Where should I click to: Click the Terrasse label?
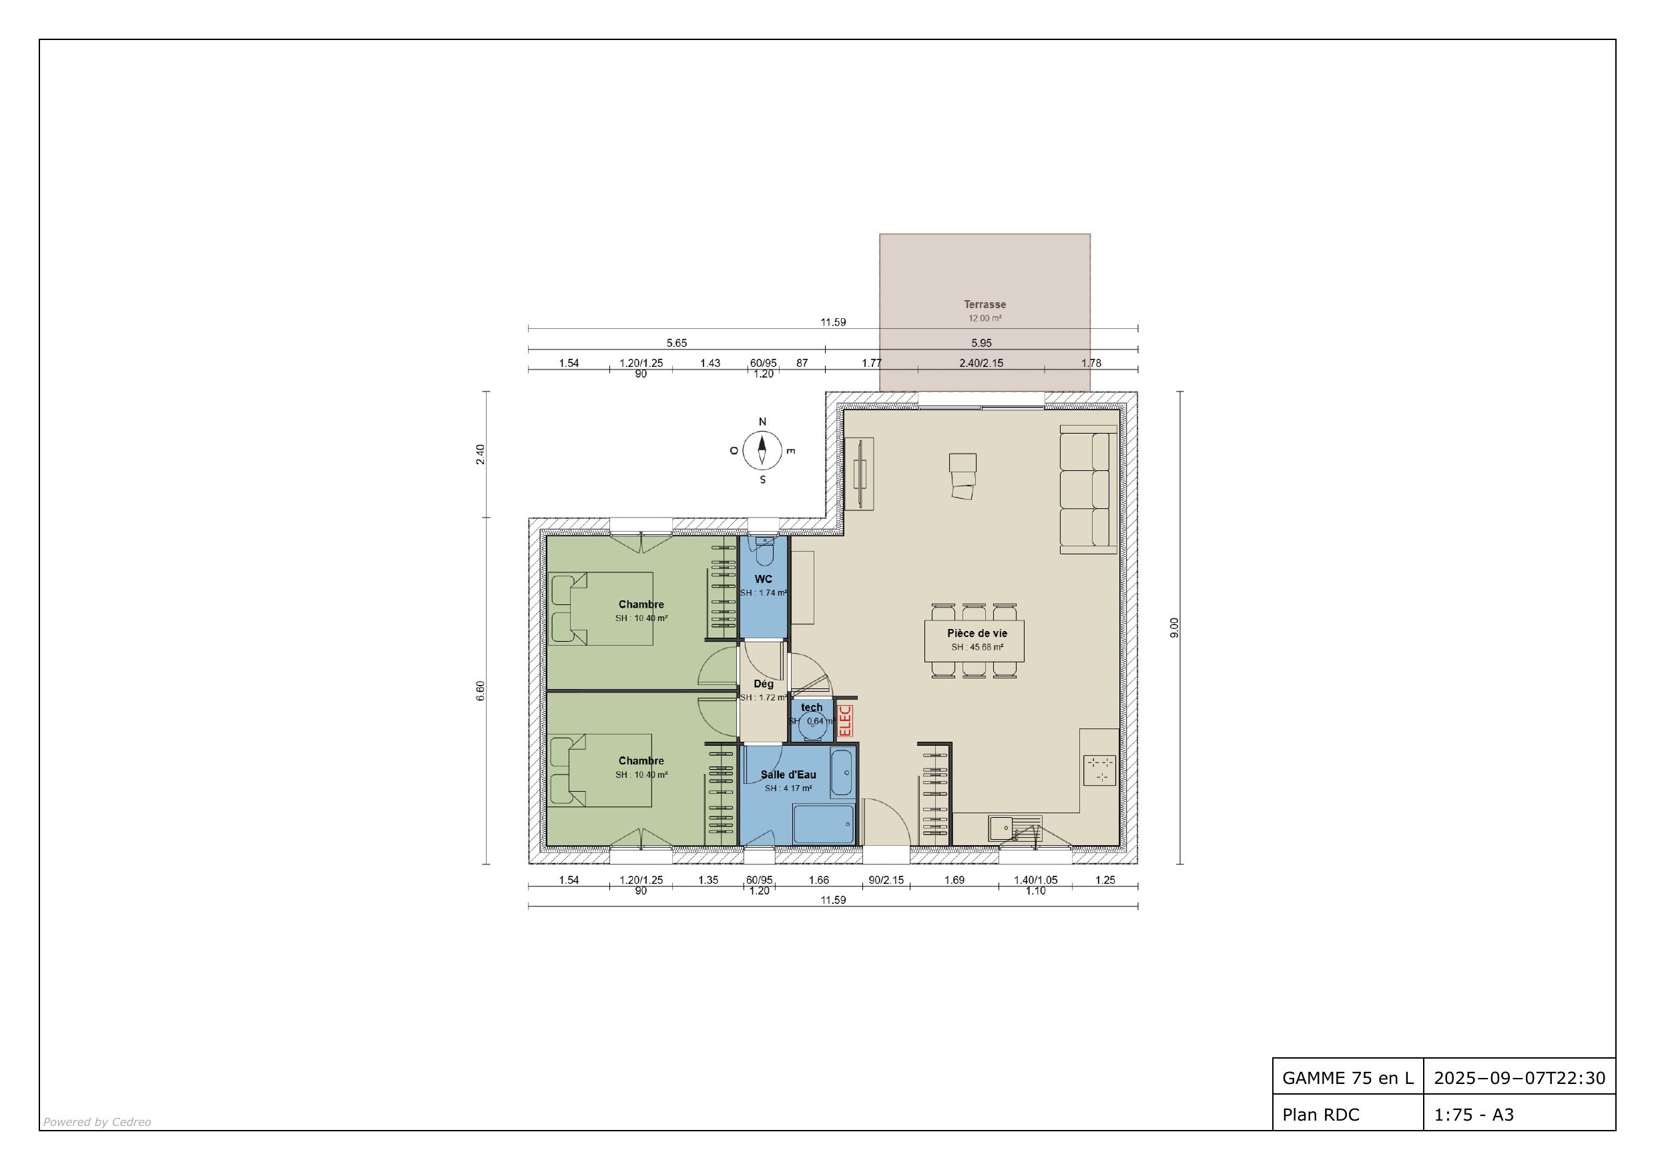[985, 304]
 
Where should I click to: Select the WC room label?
[763, 579]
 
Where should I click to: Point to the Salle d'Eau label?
[788, 775]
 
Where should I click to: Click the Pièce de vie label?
[977, 633]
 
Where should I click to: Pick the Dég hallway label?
[763, 684]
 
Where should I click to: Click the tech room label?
[812, 707]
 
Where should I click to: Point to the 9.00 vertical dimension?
[1174, 627]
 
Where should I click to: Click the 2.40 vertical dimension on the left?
[481, 454]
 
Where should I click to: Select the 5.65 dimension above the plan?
[677, 343]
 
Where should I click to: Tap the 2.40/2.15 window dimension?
[981, 364]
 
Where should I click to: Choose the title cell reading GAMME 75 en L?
[1348, 1078]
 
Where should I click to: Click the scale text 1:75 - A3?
[1473, 1115]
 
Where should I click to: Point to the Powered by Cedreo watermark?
[97, 1122]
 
